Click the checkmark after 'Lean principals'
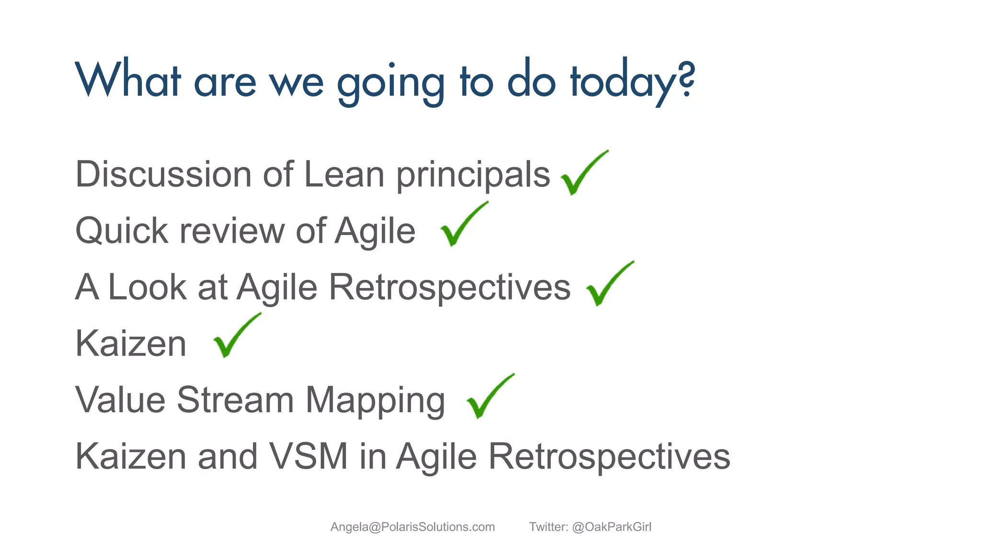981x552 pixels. point(582,173)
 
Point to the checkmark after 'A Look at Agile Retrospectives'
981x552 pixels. point(607,285)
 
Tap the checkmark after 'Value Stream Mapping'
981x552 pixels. point(489,397)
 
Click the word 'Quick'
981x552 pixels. point(122,231)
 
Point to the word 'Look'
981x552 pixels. point(147,287)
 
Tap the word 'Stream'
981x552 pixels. point(235,400)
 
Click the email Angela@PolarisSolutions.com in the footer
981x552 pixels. point(412,527)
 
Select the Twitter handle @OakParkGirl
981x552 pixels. point(611,527)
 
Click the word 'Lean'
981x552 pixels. point(344,174)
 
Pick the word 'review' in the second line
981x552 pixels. point(232,231)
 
